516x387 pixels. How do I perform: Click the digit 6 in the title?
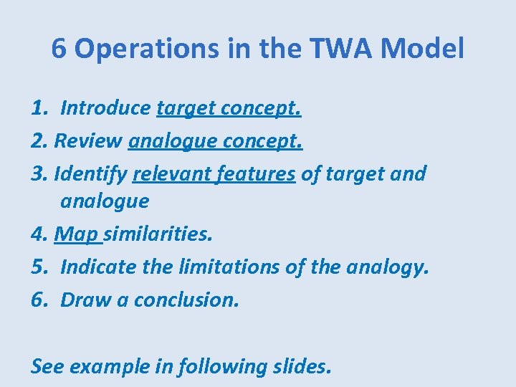click(x=59, y=49)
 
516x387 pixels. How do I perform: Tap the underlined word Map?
click(x=78, y=234)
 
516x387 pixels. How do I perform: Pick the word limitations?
click(x=226, y=267)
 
